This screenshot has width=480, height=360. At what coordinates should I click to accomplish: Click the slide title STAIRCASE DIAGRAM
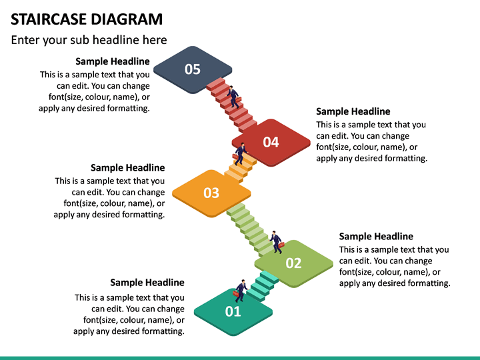click(87, 19)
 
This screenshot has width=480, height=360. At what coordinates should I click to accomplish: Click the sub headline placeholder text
click(89, 40)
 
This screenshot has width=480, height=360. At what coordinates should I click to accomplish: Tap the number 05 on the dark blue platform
click(193, 69)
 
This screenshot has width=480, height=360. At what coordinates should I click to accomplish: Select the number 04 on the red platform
click(271, 142)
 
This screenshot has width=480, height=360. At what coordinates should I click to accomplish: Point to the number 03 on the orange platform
click(211, 193)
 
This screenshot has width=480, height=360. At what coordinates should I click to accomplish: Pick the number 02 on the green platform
click(294, 263)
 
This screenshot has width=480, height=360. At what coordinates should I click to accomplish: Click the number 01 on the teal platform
click(233, 311)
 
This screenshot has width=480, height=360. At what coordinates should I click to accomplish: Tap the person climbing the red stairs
click(233, 97)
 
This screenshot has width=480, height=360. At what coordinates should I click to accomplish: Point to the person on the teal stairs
click(240, 290)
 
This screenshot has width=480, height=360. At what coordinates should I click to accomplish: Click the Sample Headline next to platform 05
click(113, 61)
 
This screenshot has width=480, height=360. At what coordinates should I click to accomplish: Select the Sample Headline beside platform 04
click(353, 111)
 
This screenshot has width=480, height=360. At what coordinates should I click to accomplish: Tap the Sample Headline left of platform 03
click(127, 167)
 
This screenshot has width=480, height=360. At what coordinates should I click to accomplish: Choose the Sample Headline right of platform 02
click(376, 236)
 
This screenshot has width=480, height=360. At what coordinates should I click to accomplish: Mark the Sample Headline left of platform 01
click(147, 283)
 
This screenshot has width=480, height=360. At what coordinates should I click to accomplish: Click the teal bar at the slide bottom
click(240, 357)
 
